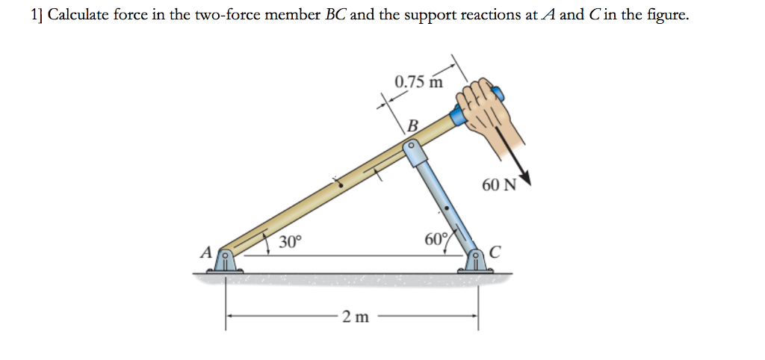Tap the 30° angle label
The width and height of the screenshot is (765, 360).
click(290, 242)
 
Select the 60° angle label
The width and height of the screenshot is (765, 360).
click(435, 240)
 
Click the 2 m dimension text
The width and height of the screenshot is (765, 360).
click(355, 317)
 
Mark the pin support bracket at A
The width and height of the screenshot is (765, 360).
click(225, 261)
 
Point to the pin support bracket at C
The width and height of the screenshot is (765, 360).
click(476, 261)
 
